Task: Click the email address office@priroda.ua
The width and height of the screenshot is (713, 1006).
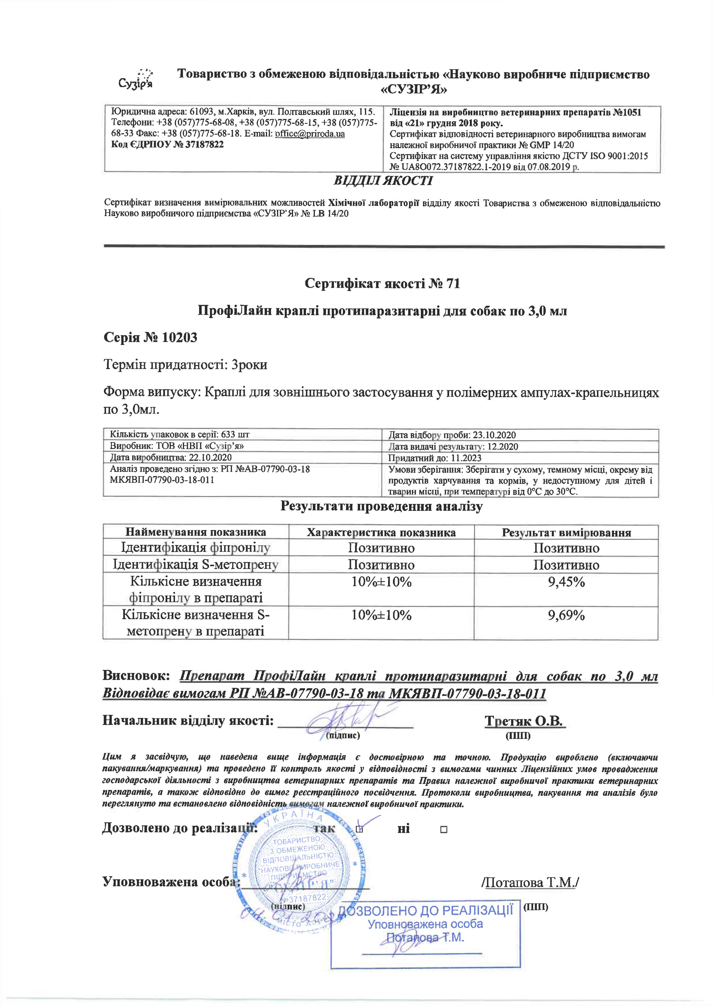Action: coord(310,134)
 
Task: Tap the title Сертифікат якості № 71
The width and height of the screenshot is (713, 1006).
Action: coord(382,284)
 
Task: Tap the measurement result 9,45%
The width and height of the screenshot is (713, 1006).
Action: coord(566,582)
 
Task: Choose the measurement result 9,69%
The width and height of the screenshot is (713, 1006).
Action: coord(566,615)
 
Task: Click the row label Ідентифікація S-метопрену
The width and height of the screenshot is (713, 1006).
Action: coord(196,565)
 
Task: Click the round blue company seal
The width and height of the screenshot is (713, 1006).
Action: coord(298,874)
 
